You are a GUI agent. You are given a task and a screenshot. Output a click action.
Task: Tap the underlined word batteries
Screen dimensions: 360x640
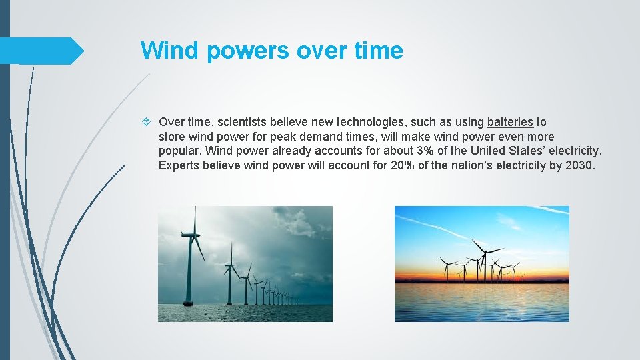click(510, 122)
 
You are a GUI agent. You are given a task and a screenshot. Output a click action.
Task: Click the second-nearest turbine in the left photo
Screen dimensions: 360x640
click(231, 273)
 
